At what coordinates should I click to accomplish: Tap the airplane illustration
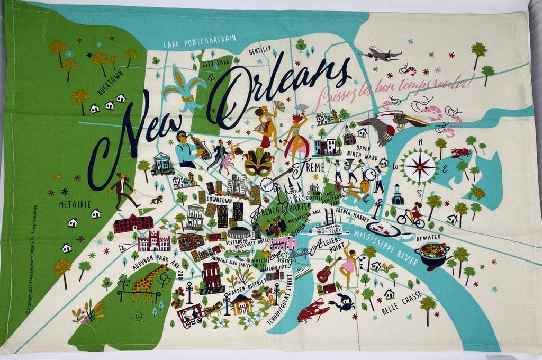tap(380, 53)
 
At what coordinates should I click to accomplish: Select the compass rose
tap(418, 164)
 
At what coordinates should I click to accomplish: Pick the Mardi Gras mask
tap(258, 163)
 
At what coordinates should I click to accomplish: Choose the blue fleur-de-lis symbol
tap(184, 88)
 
